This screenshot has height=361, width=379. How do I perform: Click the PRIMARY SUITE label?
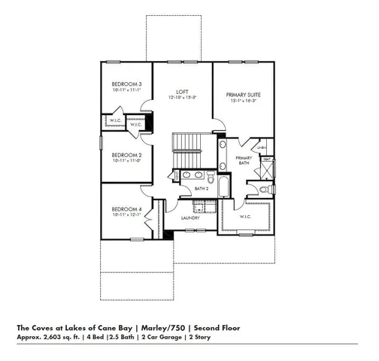pos(243,95)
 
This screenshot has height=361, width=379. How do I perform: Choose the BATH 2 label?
pos(200,189)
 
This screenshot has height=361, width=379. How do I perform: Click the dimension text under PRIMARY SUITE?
pos(243,102)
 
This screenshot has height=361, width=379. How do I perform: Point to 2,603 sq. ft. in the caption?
pos(56,338)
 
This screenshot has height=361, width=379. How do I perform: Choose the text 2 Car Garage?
pos(162,338)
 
